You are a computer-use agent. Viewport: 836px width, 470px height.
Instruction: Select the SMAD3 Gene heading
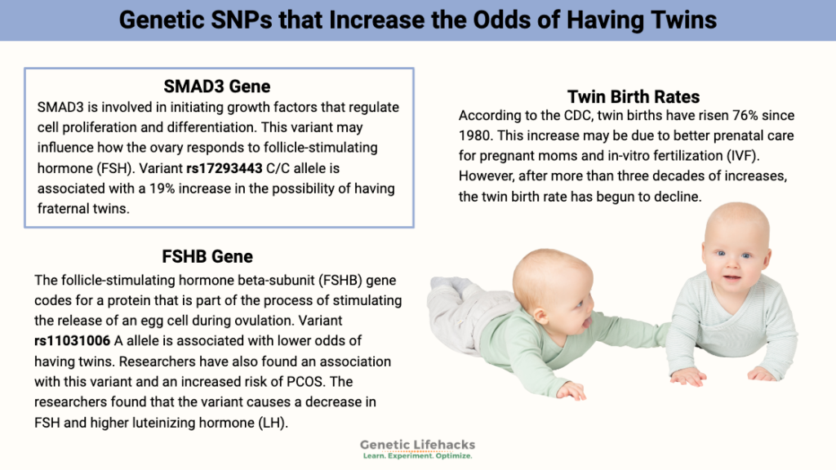[217, 86]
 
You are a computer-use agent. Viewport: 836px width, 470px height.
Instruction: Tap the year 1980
[476, 135]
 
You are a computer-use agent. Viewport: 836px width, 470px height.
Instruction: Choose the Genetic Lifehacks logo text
[417, 445]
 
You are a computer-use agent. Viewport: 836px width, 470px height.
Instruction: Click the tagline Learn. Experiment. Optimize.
[417, 456]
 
